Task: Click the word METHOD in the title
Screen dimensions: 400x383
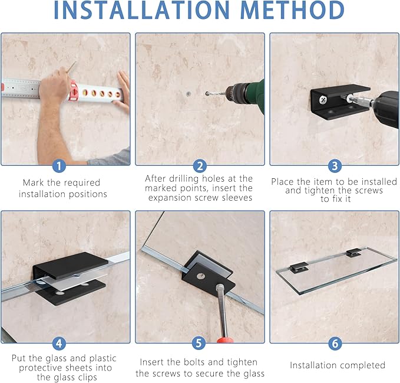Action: tap(292, 10)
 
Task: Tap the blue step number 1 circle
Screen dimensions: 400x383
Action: tap(59, 166)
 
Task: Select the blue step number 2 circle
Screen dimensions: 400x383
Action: tap(200, 166)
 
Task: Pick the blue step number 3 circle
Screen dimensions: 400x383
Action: tap(335, 166)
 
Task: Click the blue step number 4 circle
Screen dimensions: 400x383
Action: tap(59, 343)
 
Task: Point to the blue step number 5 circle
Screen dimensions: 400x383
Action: tap(199, 343)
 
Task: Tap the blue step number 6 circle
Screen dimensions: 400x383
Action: tap(335, 343)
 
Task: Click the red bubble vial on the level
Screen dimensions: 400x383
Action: tap(74, 91)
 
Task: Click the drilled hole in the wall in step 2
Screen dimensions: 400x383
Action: tap(189, 94)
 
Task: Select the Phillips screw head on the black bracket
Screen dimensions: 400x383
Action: tap(323, 99)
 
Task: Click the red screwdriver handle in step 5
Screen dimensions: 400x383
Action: tap(225, 340)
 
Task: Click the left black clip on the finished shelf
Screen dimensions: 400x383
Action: tap(299, 267)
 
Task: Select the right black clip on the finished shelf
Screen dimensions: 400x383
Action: tap(353, 252)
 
